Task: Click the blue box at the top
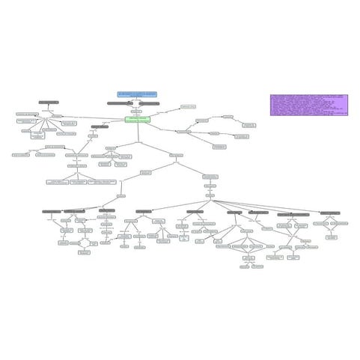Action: click(x=137, y=94)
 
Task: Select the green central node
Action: click(x=138, y=119)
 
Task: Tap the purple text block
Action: click(x=310, y=106)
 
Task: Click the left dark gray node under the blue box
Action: click(x=120, y=103)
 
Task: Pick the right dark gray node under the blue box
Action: click(x=149, y=103)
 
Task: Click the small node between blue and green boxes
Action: click(x=135, y=111)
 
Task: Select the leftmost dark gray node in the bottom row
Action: click(x=52, y=212)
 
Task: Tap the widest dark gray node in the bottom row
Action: click(x=293, y=214)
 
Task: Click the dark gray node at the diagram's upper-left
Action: click(x=49, y=102)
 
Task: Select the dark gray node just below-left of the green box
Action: click(x=100, y=127)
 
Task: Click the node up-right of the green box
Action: click(x=188, y=107)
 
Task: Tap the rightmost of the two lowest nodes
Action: click(x=257, y=266)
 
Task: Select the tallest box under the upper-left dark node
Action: click(x=37, y=135)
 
